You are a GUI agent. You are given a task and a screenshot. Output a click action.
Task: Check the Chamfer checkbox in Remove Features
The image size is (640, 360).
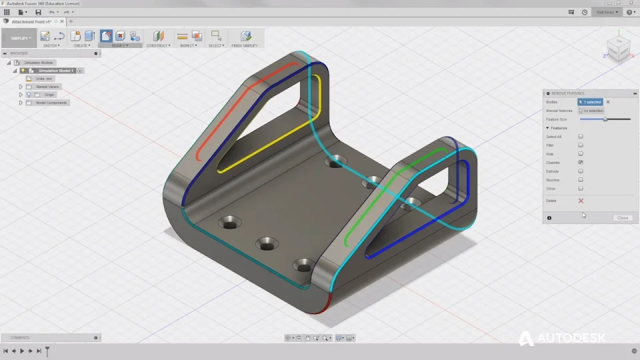[x=581, y=163]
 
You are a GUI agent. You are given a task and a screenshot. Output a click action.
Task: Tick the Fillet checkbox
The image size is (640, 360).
[x=581, y=145]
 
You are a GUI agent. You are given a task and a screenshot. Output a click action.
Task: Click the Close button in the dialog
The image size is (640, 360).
[x=623, y=218]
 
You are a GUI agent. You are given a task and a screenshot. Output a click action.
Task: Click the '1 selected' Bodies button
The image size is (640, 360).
[x=591, y=102]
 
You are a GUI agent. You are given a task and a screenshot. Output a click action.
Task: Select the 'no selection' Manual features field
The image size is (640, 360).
[x=592, y=111]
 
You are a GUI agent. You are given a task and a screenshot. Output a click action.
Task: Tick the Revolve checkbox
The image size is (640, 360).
[x=581, y=180]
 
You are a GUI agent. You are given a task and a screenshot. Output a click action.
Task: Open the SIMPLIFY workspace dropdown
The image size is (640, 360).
[x=21, y=38]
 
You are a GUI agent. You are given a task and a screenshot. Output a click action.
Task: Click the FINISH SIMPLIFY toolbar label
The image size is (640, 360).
[x=245, y=46]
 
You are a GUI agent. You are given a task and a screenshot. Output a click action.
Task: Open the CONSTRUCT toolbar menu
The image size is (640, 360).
[x=158, y=46]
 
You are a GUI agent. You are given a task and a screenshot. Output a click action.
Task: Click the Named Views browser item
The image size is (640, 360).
[x=47, y=87]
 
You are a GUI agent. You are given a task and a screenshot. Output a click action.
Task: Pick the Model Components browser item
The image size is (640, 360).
[x=52, y=103]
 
